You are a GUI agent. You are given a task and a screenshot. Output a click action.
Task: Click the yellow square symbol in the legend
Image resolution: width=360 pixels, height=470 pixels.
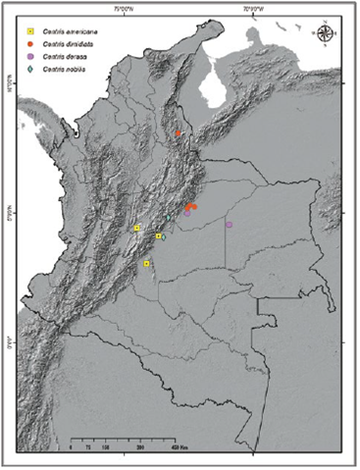point(31,32)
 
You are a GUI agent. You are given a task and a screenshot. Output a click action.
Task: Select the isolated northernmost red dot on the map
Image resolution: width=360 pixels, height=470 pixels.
point(179,133)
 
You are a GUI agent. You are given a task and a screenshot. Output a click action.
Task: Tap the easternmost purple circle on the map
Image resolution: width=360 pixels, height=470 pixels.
point(229,225)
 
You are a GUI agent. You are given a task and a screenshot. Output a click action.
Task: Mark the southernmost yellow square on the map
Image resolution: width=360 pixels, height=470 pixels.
point(146,264)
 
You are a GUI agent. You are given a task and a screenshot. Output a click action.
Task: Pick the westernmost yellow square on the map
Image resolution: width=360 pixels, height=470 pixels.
point(137,228)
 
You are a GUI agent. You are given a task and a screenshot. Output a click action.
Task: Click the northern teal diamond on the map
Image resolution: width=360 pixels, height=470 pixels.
point(169,218)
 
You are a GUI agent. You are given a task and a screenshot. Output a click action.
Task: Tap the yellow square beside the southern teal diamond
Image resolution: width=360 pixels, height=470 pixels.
point(158,235)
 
